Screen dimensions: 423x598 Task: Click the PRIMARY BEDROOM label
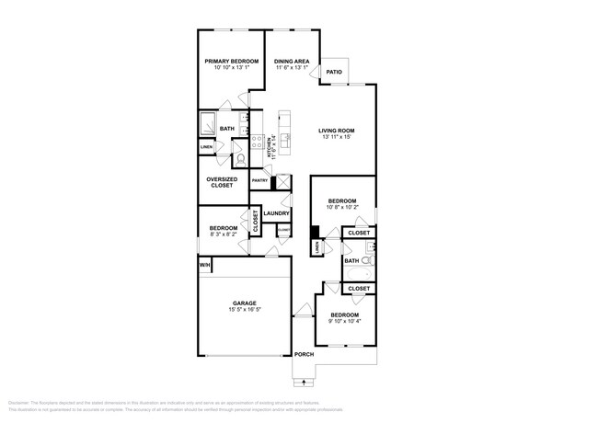[x=231, y=61]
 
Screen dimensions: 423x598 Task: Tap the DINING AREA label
[x=292, y=61]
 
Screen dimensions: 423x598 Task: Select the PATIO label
[x=334, y=71]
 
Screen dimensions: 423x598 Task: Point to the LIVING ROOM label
[x=337, y=131]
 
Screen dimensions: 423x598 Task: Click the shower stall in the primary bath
[x=208, y=124]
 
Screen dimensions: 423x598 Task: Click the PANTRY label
[x=259, y=181]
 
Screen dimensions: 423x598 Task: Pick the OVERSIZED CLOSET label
[x=222, y=182]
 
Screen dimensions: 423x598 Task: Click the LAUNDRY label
[x=276, y=213]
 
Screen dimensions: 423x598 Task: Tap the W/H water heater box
[x=204, y=266]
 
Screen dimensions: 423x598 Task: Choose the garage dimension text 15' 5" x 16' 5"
[x=244, y=310]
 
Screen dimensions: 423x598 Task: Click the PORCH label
[x=304, y=354]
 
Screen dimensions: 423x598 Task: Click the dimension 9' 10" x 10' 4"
[x=346, y=321]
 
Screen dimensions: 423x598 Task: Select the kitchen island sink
[x=286, y=140]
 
